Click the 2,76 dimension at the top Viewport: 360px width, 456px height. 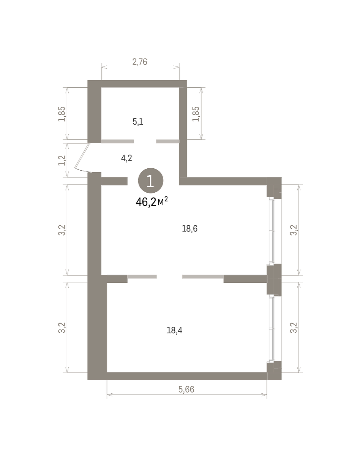(x=140, y=62)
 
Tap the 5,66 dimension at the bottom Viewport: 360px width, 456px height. (x=186, y=389)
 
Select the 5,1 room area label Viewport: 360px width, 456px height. (x=138, y=122)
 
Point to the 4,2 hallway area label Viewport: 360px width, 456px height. (x=126, y=158)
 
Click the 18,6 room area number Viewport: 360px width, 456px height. (x=190, y=229)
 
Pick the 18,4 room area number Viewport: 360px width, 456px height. (x=175, y=330)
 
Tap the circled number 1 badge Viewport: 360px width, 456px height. (x=150, y=180)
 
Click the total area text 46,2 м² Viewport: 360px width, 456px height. (x=152, y=202)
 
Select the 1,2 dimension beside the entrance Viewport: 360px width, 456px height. (x=62, y=160)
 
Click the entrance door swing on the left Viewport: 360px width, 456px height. (x=81, y=157)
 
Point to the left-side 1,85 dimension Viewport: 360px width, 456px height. (x=62, y=114)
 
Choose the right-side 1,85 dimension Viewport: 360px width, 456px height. (x=196, y=114)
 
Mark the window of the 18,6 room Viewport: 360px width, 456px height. (x=271, y=231)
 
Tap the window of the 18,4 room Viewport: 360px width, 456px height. (x=271, y=328)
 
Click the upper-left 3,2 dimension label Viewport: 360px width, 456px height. (x=62, y=230)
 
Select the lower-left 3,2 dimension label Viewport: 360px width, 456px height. (x=62, y=328)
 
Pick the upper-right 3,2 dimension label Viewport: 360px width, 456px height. (x=294, y=230)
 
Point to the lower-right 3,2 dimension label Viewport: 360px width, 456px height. (x=294, y=328)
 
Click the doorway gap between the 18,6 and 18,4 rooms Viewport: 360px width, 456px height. (x=169, y=277)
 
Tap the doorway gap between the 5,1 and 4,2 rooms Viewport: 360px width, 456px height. (x=145, y=141)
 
